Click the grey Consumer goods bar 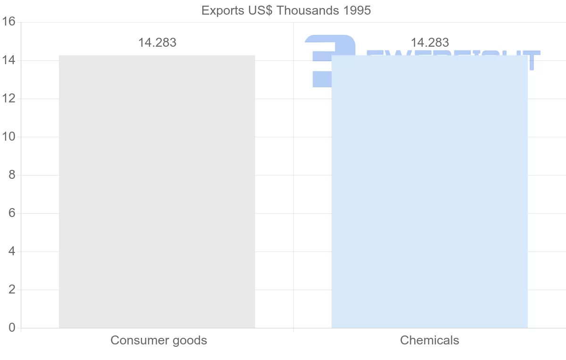(x=157, y=191)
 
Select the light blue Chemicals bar (x=429, y=191)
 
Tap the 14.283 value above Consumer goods (x=157, y=42)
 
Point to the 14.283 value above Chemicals (x=430, y=42)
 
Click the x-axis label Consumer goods (x=158, y=340)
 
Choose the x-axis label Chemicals (x=429, y=340)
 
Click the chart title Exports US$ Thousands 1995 (x=286, y=10)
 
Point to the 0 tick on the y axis (x=12, y=328)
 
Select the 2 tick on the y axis (x=12, y=290)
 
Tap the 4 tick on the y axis (x=12, y=251)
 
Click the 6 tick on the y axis (x=12, y=213)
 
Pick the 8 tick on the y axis (x=12, y=175)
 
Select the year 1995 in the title (x=357, y=10)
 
